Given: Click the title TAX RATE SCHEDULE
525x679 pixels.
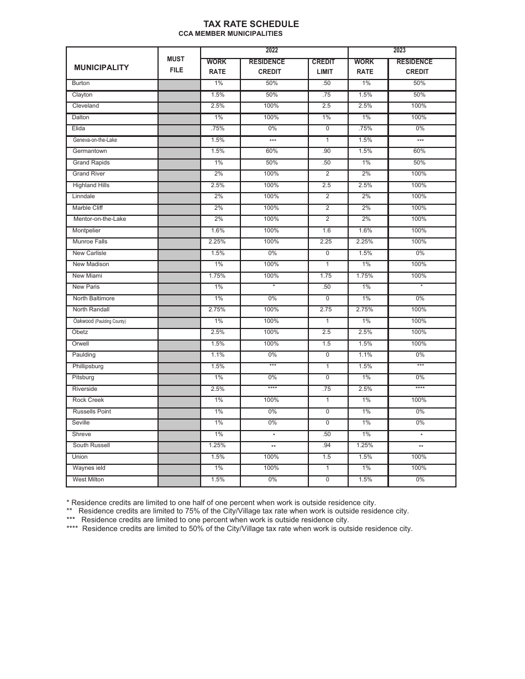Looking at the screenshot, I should click(x=251, y=24).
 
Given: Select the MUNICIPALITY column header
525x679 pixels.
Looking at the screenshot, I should click(x=101, y=67).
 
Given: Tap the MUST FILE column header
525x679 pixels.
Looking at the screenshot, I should click(x=176, y=65).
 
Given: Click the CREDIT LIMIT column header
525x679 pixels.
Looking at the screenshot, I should click(x=324, y=67).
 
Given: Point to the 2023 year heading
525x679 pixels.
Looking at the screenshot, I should click(x=399, y=51).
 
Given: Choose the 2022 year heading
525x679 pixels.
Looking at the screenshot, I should click(x=272, y=51).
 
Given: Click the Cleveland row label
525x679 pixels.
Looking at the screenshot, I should click(x=86, y=106).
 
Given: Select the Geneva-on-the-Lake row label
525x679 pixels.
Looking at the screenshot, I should click(x=95, y=140).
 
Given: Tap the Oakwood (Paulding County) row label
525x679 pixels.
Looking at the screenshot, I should click(x=99, y=321).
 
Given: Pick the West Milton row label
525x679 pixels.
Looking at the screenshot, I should click(x=88, y=480).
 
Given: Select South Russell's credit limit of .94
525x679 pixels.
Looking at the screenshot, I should click(x=327, y=445).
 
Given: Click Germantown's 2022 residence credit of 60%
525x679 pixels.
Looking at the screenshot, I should click(x=271, y=151).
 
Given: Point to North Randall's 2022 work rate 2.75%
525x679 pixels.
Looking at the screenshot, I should click(x=217, y=310).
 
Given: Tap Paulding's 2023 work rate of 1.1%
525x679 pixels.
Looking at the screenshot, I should click(x=365, y=355).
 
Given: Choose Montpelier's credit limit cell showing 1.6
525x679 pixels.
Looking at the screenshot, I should click(x=327, y=231).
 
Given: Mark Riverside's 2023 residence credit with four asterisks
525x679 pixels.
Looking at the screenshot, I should click(x=420, y=389).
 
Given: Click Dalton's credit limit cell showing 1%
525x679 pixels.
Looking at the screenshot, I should click(x=327, y=118).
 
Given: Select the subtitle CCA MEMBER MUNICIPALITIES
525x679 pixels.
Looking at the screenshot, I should click(x=230, y=34).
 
